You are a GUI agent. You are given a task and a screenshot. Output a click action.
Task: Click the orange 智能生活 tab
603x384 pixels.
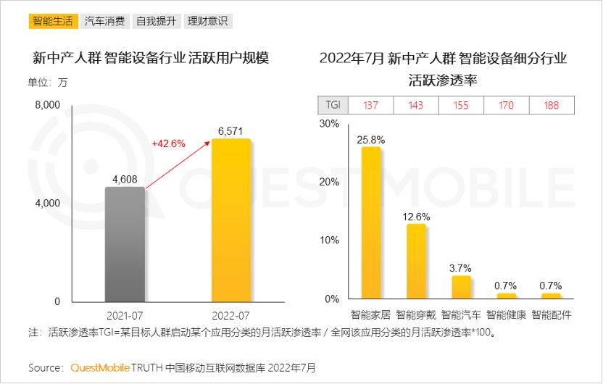tap(53, 20)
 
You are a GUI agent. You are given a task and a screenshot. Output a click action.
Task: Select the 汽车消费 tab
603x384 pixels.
tap(104, 20)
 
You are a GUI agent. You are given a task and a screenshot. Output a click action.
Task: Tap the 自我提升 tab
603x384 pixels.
tap(156, 20)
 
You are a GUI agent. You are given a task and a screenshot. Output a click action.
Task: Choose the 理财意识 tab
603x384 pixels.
tap(207, 20)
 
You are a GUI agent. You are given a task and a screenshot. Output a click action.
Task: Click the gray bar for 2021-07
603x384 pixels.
tap(125, 244)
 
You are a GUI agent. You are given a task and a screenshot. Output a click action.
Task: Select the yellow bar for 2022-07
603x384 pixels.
tap(231, 220)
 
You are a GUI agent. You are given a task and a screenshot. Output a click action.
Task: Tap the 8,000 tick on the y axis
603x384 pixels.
tap(47, 105)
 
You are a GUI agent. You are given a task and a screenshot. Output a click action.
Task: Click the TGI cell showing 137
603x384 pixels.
tap(370, 105)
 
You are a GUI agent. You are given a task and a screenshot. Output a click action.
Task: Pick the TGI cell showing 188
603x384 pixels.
tap(552, 105)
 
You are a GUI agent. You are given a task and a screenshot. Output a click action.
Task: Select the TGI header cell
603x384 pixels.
tap(333, 105)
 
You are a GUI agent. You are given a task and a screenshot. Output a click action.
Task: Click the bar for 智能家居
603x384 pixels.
tap(370, 223)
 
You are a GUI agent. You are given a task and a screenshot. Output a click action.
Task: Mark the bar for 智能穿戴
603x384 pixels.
tap(416, 261)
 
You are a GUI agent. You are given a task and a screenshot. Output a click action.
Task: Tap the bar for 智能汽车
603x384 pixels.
tap(461, 287)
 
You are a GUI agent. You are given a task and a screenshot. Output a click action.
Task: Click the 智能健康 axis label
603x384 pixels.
tap(507, 315)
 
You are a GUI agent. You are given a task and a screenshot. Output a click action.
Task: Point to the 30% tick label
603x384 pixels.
tap(329, 124)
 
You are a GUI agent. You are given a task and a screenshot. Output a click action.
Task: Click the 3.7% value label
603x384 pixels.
tap(461, 268)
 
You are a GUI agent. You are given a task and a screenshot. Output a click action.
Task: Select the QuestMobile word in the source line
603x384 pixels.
tap(101, 367)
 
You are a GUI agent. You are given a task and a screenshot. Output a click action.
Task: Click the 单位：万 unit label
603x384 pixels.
tap(48, 82)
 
